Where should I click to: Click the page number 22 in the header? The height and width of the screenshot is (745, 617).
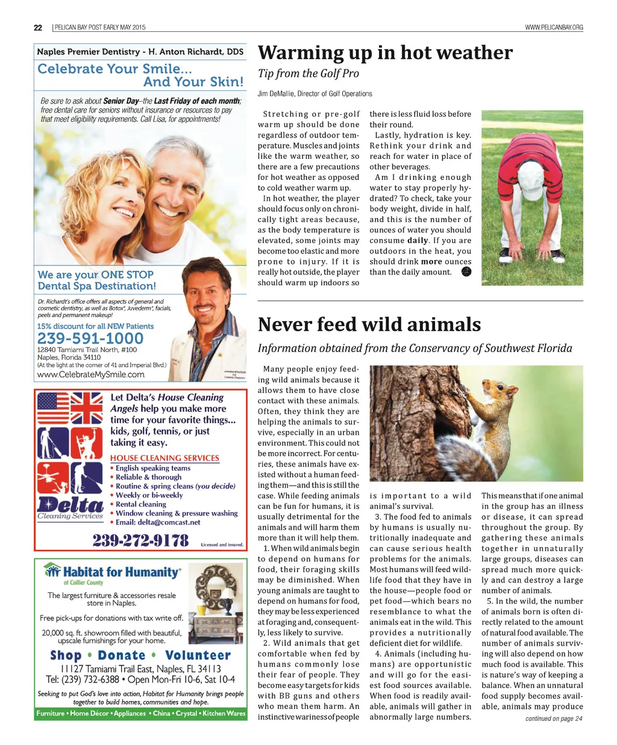(x=38, y=27)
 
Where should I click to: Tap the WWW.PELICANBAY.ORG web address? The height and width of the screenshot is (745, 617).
(x=554, y=27)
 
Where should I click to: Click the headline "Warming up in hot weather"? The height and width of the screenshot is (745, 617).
(x=385, y=53)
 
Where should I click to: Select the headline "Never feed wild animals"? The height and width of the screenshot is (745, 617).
(x=369, y=324)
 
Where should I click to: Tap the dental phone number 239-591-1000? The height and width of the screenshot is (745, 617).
(x=90, y=338)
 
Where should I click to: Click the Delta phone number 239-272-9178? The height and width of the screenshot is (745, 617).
(x=140, y=540)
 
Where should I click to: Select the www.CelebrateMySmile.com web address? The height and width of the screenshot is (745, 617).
(x=91, y=374)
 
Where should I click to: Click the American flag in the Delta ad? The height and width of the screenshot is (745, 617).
(x=54, y=408)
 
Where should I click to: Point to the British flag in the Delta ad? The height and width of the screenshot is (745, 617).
(x=87, y=408)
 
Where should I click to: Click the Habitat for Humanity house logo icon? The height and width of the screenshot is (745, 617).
(x=53, y=570)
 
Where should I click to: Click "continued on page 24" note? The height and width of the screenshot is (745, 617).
(x=553, y=719)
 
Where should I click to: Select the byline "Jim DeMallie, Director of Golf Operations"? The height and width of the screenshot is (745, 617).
(x=315, y=93)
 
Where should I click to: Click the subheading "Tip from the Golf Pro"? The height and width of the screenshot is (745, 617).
(x=308, y=73)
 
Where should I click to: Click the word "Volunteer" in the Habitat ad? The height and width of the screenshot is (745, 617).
(x=198, y=655)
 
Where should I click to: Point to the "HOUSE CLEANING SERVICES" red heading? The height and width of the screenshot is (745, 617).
(x=164, y=458)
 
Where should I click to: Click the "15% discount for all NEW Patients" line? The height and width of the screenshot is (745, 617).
(x=95, y=326)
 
